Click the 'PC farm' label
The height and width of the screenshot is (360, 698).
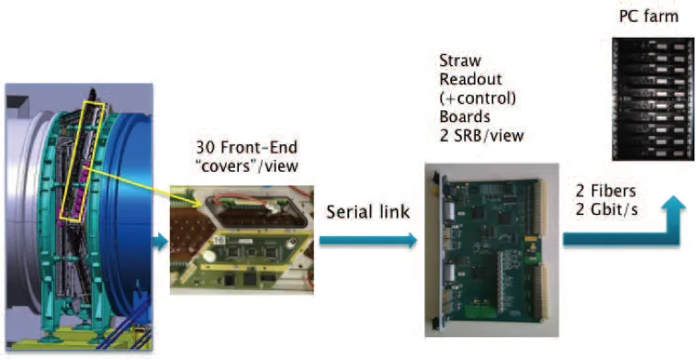coord(648,17)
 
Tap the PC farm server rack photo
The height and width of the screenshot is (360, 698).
coord(653,99)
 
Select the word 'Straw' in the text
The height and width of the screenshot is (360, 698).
coord(460,61)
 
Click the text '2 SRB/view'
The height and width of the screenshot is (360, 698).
coord(481,135)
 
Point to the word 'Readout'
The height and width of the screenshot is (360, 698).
coord(470,79)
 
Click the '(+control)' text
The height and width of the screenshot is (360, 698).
coord(478,98)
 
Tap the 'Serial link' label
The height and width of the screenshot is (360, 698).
coord(368,212)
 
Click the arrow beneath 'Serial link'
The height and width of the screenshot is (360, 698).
coord(368,241)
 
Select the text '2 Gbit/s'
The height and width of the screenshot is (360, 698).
coord(606,209)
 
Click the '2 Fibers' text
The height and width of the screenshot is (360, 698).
coord(605,191)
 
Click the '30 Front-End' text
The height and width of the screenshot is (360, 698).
coord(247,147)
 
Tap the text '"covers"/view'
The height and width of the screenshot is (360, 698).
coord(247,166)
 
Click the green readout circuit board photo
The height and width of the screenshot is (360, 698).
coord(492,250)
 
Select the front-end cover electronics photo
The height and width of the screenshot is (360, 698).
coord(242,240)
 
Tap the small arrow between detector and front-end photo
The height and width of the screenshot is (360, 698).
coord(160,242)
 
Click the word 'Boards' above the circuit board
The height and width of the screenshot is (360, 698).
coord(465,117)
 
